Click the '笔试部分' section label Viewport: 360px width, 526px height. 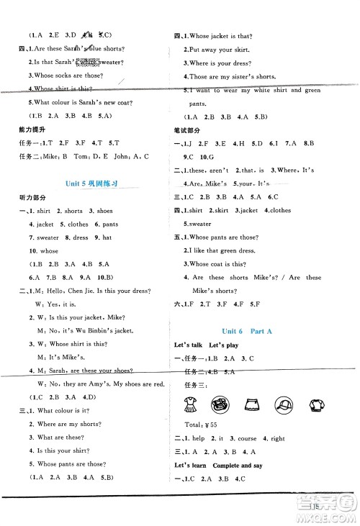(x=187, y=130)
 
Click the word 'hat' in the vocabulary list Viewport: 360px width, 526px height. (x=106, y=237)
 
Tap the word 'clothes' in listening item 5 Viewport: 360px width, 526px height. (x=77, y=224)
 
